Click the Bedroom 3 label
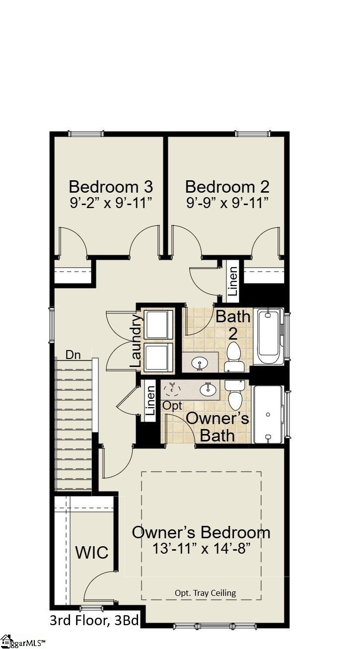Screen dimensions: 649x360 pyautogui.click(x=111, y=187)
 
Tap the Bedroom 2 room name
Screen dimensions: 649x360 pyautogui.click(x=227, y=187)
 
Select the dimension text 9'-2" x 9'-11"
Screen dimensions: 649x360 pyautogui.click(x=111, y=203)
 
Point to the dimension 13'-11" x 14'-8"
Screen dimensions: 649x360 pyautogui.click(x=201, y=549)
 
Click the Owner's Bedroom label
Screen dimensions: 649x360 pyautogui.click(x=201, y=532)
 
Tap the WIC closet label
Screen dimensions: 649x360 pyautogui.click(x=92, y=552)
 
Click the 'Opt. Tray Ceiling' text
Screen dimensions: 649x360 pyautogui.click(x=205, y=592)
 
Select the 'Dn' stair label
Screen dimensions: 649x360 pyautogui.click(x=73, y=355)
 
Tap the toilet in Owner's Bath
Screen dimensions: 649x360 pyautogui.click(x=234, y=395)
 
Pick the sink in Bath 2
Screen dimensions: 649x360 pyautogui.click(x=201, y=362)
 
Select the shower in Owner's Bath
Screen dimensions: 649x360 pyautogui.click(x=268, y=414)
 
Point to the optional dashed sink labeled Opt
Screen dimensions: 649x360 pyautogui.click(x=172, y=389)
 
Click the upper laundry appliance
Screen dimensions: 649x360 pyautogui.click(x=158, y=324)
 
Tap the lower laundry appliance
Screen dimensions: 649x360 pyautogui.click(x=158, y=356)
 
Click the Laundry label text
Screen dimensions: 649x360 pyautogui.click(x=136, y=340)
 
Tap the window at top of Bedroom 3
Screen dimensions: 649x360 pyautogui.click(x=86, y=134)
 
